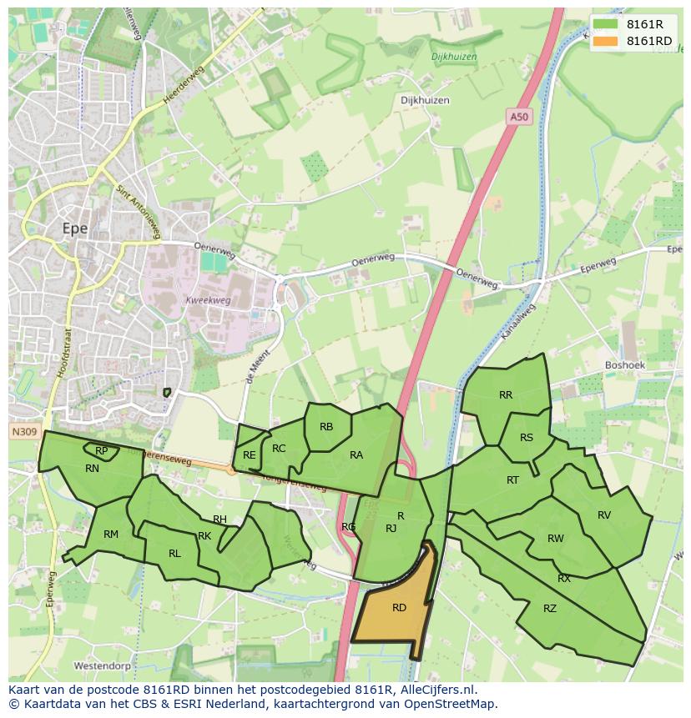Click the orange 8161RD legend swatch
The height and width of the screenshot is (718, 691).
[x=606, y=41]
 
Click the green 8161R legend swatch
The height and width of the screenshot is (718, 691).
[x=606, y=24]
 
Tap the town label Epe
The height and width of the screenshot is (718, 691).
[x=75, y=228]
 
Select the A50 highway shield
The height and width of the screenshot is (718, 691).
[x=519, y=118]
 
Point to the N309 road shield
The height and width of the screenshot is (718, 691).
[x=25, y=432]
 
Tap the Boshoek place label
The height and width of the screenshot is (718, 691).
[x=626, y=365]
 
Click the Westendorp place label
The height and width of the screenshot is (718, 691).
[x=103, y=666]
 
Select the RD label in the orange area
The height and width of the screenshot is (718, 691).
[x=399, y=608]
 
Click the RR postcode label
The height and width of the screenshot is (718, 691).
[x=506, y=395]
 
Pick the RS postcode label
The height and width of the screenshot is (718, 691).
[x=527, y=438]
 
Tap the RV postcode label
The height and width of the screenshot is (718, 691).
[x=604, y=515]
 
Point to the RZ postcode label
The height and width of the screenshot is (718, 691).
[x=549, y=609]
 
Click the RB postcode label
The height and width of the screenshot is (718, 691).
[x=326, y=427]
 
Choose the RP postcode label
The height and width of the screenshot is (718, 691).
[x=101, y=451]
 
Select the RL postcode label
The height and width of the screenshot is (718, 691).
[x=174, y=553]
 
